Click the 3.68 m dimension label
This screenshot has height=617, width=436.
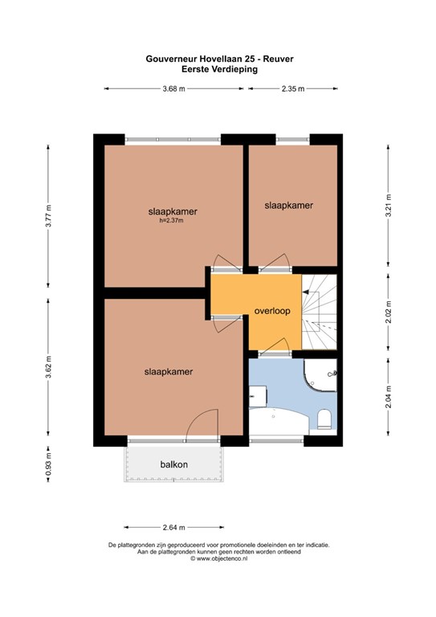[x=173, y=89]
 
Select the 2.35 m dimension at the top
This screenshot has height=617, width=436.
[x=293, y=89]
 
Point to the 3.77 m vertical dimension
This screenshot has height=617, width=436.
[x=48, y=216]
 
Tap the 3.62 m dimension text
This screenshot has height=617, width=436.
[x=48, y=366]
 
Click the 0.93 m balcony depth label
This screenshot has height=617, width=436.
[x=48, y=464]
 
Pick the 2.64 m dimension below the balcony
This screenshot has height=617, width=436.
[x=173, y=527]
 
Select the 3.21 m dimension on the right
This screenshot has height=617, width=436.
[x=389, y=206]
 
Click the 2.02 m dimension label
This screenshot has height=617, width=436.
[x=389, y=312]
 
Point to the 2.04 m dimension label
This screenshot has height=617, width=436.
[x=389, y=397]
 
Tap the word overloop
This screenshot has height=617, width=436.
[x=272, y=311]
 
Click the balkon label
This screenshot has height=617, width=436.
[x=173, y=464]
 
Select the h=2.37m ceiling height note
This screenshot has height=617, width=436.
[x=171, y=221]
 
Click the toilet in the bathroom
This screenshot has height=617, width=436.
[x=324, y=419]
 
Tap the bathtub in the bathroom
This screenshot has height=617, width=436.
[x=279, y=422]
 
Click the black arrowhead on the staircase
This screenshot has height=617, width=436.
[x=304, y=292]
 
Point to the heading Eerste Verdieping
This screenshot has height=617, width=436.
[x=219, y=70]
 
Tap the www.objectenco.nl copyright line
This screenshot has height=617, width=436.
[x=219, y=558]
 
